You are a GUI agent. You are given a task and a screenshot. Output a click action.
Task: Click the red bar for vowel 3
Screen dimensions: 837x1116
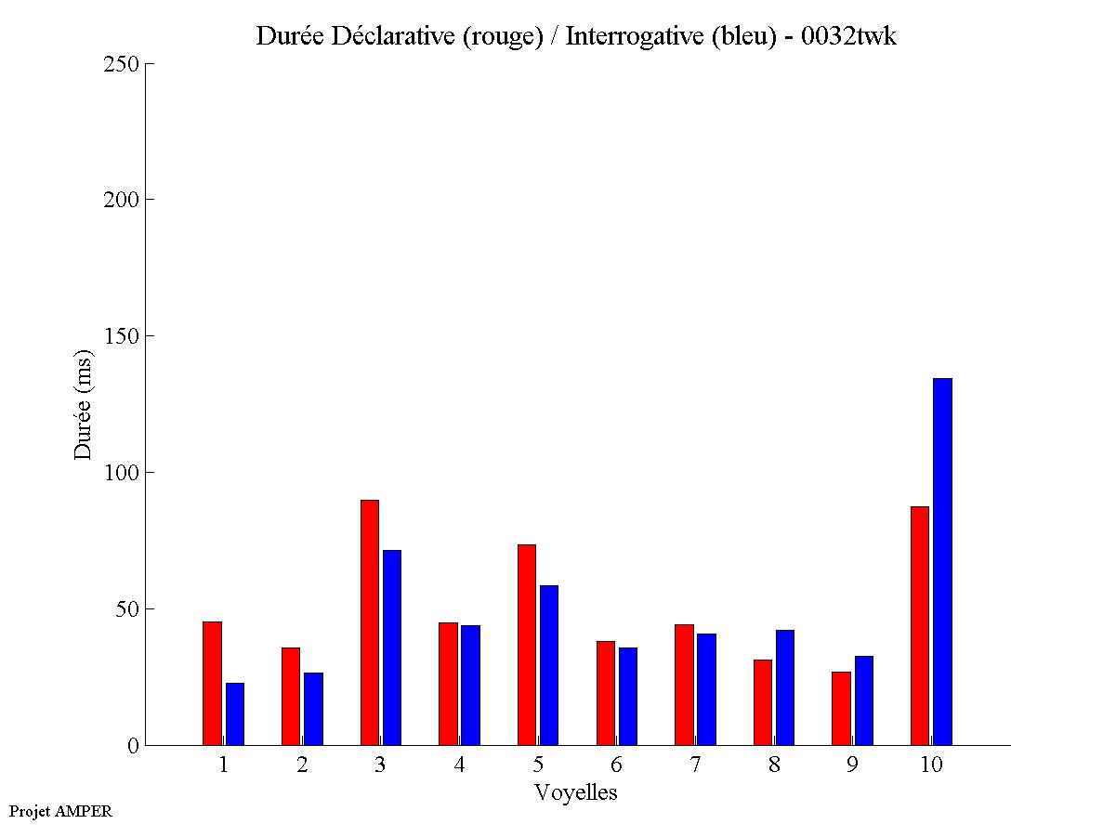pyautogui.click(x=369, y=622)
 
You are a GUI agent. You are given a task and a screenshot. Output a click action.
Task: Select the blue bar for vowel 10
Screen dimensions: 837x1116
pyautogui.click(x=942, y=562)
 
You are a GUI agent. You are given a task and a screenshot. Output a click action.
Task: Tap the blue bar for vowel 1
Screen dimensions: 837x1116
pyautogui.click(x=234, y=713)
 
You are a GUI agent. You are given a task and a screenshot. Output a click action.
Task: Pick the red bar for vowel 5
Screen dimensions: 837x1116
pyautogui.click(x=526, y=645)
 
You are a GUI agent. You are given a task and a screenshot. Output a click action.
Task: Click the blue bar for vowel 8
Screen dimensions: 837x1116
pyautogui.click(x=784, y=687)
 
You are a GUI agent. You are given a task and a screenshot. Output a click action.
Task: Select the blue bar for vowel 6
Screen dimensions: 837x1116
pyautogui.click(x=627, y=696)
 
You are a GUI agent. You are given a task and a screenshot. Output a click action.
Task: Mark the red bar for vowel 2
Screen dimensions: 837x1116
pyautogui.click(x=290, y=696)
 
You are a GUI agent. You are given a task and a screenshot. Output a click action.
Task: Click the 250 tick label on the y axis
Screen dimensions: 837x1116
pyautogui.click(x=121, y=64)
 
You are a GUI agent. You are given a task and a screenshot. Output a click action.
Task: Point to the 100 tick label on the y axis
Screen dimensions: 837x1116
pyautogui.click(x=121, y=473)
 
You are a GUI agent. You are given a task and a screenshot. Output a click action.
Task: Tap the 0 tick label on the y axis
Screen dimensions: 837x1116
pyautogui.click(x=133, y=746)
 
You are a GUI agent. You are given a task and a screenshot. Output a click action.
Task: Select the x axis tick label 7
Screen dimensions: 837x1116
pyautogui.click(x=695, y=765)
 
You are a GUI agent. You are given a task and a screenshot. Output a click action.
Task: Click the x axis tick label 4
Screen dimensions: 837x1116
pyautogui.click(x=460, y=765)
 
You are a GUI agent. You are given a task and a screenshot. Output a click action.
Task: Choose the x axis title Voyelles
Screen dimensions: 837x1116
pyautogui.click(x=576, y=792)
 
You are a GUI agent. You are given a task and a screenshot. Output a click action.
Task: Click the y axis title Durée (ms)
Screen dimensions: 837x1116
pyautogui.click(x=84, y=404)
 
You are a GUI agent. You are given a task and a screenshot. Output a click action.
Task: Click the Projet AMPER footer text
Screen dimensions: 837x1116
pyautogui.click(x=60, y=811)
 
